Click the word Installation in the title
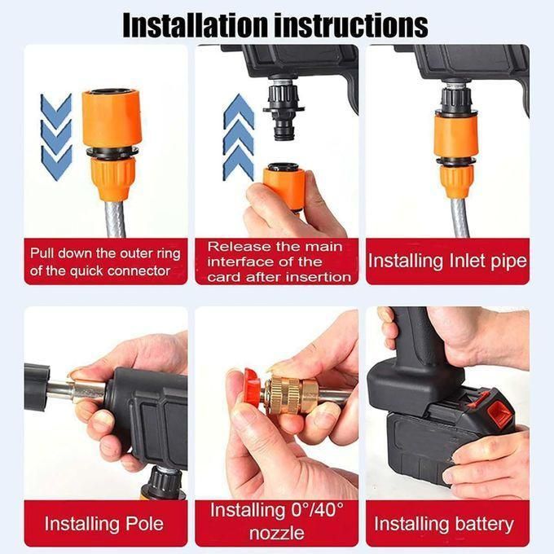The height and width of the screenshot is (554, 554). coord(193,24)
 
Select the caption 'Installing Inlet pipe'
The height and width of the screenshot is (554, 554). coord(447,262)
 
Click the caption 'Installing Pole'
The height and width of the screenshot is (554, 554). coord(104,523)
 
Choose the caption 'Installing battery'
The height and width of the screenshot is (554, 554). coord(444,523)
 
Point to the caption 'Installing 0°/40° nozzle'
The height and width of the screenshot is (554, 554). coord(277,521)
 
